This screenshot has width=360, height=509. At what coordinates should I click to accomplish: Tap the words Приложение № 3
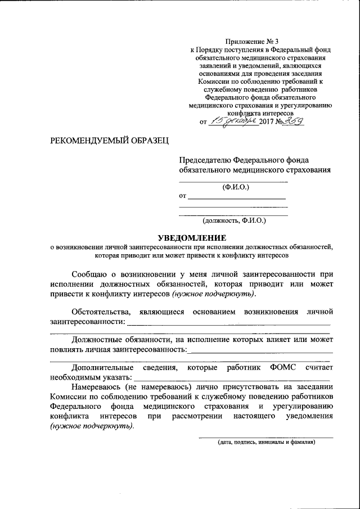251,41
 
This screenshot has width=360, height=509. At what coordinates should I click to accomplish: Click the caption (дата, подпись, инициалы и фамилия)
267,442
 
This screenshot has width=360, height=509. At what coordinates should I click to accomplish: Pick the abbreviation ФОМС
281,367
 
